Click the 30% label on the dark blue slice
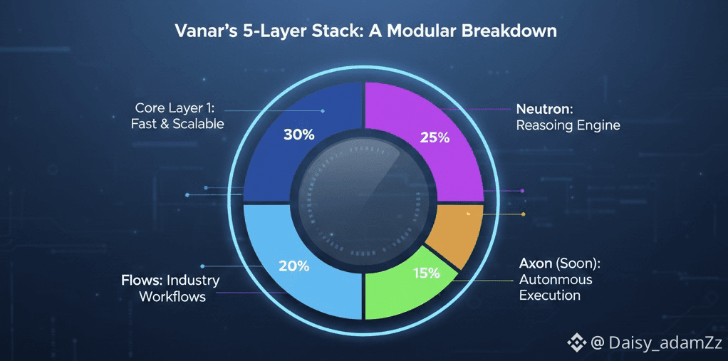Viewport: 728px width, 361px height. [x=298, y=135]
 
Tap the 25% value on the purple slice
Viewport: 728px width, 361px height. [x=434, y=137]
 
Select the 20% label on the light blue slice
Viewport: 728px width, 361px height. [x=293, y=266]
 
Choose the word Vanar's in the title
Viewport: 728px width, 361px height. [x=202, y=32]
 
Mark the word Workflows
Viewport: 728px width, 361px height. [x=172, y=296]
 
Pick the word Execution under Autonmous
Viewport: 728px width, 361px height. [x=549, y=295]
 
